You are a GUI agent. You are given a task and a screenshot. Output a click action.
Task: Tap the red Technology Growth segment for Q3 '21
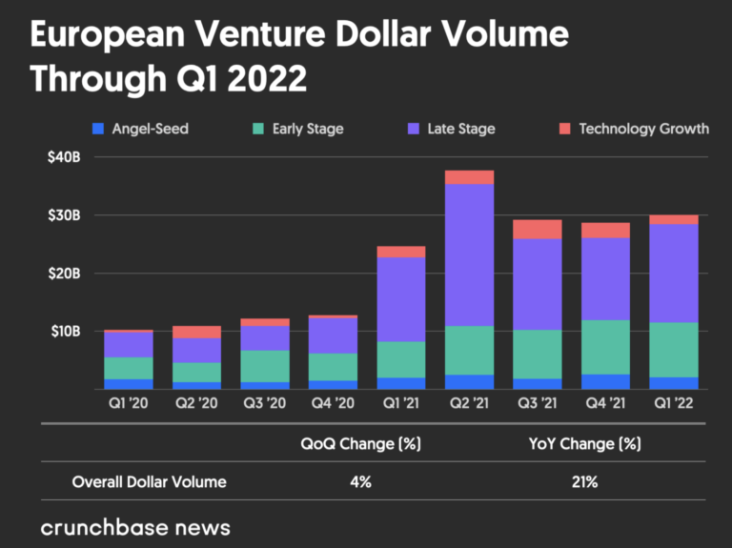point(538,229)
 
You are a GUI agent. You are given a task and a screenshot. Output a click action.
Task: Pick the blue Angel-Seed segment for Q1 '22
point(674,383)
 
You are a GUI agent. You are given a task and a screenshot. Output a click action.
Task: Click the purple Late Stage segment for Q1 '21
point(401,299)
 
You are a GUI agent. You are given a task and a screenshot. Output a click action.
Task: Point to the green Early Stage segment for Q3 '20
point(265,366)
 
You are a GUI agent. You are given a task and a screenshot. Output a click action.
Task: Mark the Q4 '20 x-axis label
point(334,403)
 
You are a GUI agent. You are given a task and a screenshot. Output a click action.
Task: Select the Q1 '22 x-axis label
point(674,403)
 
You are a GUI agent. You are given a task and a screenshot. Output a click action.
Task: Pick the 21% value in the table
point(584,481)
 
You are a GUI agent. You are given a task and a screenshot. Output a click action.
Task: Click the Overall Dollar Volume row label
point(150,481)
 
